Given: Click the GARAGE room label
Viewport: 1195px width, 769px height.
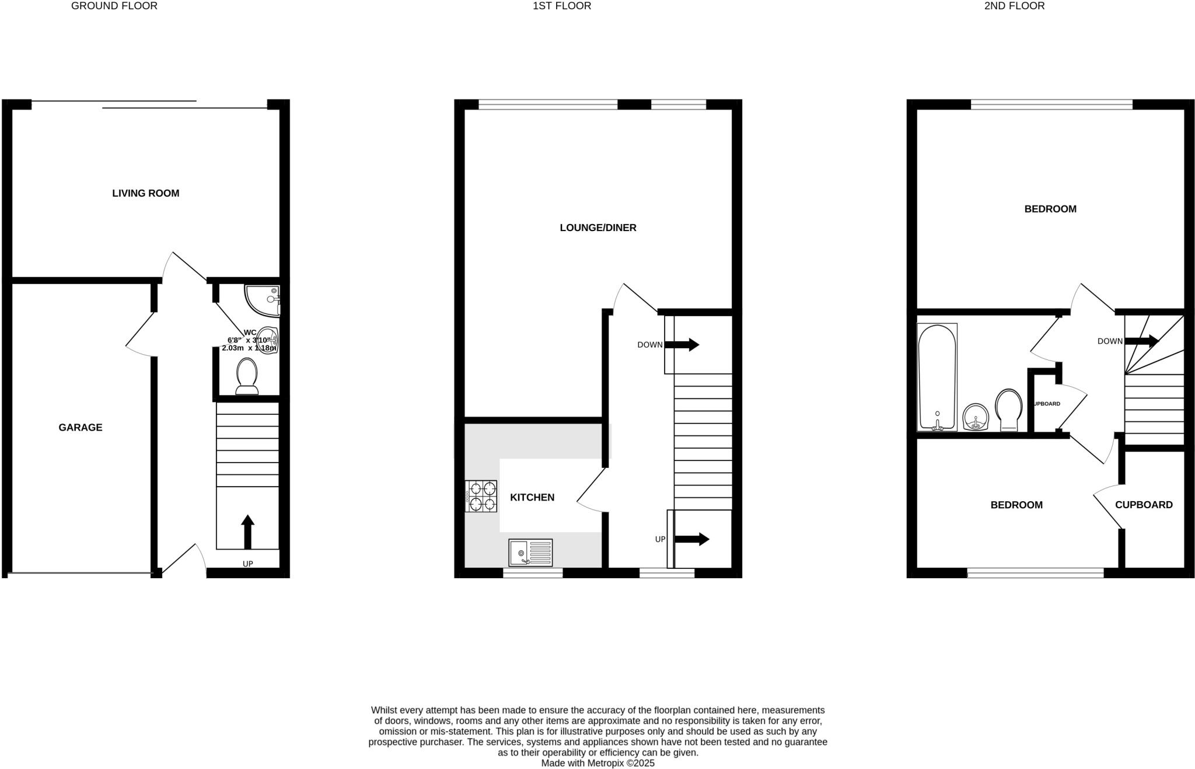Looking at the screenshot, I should tap(81, 428).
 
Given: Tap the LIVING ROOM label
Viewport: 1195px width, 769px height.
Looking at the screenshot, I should tap(145, 193).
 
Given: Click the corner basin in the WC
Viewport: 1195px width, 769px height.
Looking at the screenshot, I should tap(263, 299).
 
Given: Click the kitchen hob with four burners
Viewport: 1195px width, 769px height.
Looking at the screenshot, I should tap(481, 496).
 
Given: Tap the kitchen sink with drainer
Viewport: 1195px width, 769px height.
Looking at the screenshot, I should tap(530, 552).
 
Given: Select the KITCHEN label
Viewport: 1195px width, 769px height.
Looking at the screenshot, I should tap(532, 498).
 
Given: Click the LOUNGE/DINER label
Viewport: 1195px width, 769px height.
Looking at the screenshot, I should tap(597, 228).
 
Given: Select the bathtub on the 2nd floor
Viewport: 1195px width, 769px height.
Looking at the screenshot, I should tap(937, 377).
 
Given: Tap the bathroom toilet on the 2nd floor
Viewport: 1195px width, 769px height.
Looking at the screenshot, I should tap(1008, 410).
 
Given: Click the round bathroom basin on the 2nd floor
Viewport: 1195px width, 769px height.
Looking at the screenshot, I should tap(976, 417).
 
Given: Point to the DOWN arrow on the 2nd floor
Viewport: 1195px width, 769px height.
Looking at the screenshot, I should tap(1141, 341).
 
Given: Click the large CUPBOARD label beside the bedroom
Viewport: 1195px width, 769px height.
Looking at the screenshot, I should tap(1144, 505).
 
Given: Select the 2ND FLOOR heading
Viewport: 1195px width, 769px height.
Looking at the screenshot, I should tap(1014, 6).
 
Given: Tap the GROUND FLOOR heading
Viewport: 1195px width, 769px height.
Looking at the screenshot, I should tap(114, 6).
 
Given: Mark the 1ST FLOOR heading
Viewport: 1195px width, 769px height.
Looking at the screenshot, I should tap(562, 6).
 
